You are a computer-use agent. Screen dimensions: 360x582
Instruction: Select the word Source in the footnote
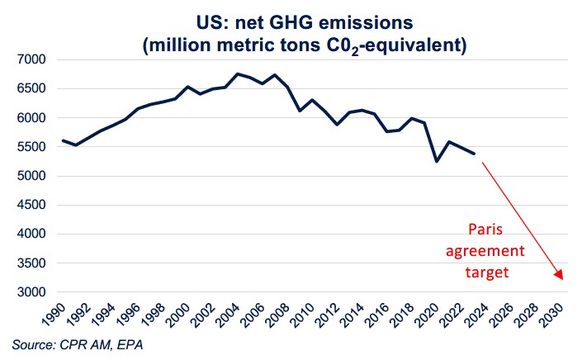tap(31, 344)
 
